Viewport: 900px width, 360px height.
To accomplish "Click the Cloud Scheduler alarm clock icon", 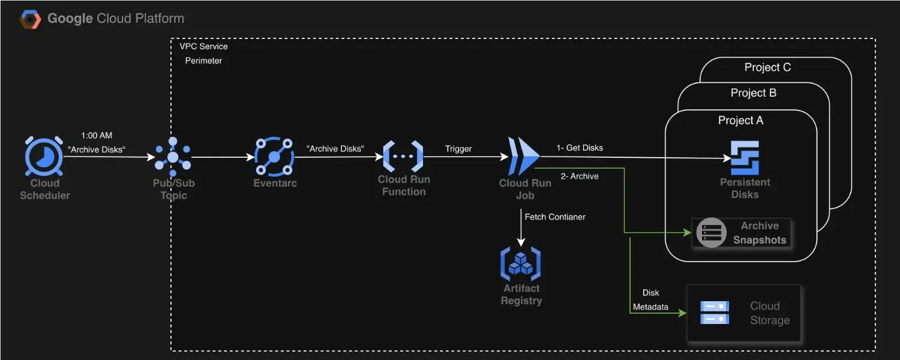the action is coord(44,156).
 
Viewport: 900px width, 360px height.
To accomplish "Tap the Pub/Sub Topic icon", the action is coord(173,157).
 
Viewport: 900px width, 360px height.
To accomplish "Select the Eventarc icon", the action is coord(274,157).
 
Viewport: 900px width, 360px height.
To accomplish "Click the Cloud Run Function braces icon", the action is coord(403,156).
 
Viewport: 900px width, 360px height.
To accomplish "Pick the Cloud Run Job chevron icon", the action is coord(524,156).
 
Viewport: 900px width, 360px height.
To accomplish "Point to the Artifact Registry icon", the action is coord(521,263).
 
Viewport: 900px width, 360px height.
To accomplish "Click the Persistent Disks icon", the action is coord(745,158).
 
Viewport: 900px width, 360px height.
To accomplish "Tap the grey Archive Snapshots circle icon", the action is coord(711,232).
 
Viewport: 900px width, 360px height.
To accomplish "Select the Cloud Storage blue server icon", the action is coord(715,313).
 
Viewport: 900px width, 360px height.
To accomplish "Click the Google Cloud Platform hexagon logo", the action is coord(31,19).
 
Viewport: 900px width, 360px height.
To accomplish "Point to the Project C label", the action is coord(767,67).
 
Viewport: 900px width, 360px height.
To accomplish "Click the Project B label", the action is coord(754,93).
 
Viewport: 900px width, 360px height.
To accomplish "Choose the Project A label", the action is coord(740,120).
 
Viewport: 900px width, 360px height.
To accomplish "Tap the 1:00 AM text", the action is coord(97,136).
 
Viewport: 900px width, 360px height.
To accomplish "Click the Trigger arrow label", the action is coord(458,149).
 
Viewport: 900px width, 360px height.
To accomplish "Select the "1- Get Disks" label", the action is coord(580,148).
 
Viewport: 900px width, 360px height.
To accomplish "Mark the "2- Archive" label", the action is coord(580,176).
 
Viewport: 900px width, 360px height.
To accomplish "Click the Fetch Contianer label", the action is coord(555,217).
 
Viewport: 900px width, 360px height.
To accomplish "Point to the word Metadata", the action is coord(650,307).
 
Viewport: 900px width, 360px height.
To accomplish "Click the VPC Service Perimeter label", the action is coord(203,53).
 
